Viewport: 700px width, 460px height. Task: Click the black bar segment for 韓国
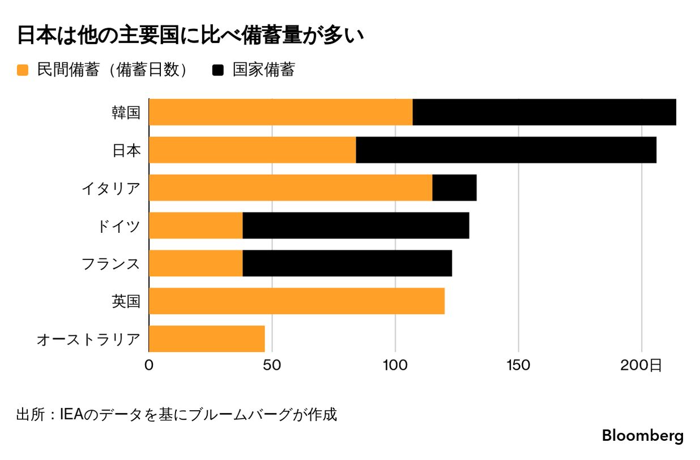tap(544, 112)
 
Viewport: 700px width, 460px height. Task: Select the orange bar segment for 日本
tap(253, 150)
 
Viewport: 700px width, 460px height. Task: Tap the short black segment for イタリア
tap(454, 188)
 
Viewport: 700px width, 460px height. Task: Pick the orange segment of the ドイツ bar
tap(196, 225)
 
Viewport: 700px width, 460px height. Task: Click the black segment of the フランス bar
tap(347, 263)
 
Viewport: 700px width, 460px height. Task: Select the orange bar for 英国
tap(297, 301)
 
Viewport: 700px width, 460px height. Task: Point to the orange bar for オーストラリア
tap(207, 339)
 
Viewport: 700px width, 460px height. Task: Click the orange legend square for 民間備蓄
tap(23, 70)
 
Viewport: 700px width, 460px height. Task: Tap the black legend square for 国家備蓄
tap(218, 70)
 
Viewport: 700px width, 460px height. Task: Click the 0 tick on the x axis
tap(149, 365)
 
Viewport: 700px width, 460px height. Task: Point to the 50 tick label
tap(272, 365)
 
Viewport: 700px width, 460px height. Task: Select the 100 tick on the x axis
tap(395, 365)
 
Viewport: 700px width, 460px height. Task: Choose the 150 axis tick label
tap(519, 365)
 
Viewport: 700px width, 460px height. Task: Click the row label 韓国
tap(125, 112)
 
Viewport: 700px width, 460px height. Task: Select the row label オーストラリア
tap(88, 339)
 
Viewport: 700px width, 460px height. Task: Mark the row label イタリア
tap(110, 188)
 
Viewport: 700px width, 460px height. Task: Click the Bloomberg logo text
tap(642, 436)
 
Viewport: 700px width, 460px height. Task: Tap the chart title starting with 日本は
tap(190, 35)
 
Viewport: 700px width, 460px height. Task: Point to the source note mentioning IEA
tap(176, 414)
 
